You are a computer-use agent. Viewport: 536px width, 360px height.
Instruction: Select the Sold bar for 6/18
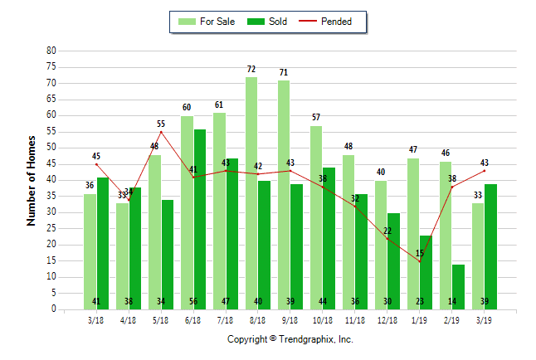pyautogui.click(x=200, y=219)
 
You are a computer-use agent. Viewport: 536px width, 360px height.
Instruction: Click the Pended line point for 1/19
pyautogui.click(x=420, y=261)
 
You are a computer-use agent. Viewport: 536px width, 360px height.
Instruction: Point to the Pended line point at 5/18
pyautogui.click(x=161, y=132)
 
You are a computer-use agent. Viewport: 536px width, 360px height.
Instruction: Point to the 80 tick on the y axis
pyautogui.click(x=51, y=51)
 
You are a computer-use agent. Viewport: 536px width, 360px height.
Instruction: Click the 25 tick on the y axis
pyautogui.click(x=51, y=228)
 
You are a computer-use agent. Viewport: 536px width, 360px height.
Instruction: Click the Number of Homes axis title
pyautogui.click(x=32, y=180)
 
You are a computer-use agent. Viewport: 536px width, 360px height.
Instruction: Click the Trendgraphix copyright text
pyautogui.click(x=290, y=340)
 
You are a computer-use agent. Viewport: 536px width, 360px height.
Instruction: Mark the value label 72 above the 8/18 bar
pyautogui.click(x=251, y=69)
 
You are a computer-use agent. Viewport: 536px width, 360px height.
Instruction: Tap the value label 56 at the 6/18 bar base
pyautogui.click(x=200, y=301)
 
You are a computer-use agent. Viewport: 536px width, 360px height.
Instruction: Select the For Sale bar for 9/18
pyautogui.click(x=284, y=194)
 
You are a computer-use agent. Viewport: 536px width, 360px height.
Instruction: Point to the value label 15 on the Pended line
pyautogui.click(x=420, y=253)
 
